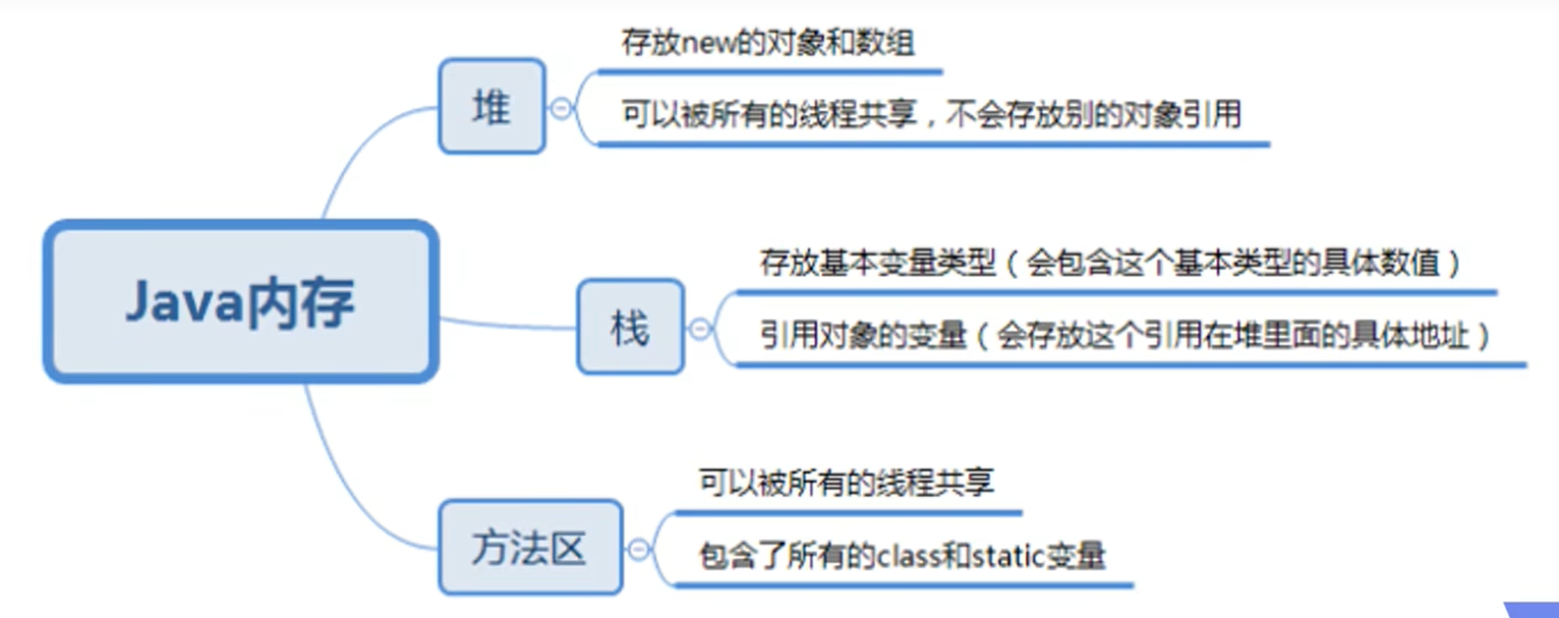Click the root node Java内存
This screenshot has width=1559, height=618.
tap(241, 302)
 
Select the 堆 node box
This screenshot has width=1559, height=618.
tap(491, 106)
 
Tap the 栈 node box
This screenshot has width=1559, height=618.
tap(630, 327)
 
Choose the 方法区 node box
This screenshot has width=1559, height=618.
tap(530, 547)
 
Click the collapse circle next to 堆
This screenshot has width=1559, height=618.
tap(561, 108)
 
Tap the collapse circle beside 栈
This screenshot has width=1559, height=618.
tap(700, 329)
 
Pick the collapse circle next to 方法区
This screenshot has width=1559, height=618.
tap(639, 549)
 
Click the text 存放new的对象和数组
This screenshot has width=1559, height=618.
tap(768, 43)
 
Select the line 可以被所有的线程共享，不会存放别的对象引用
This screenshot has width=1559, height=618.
tap(931, 115)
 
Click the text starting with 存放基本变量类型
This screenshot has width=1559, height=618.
tap(1111, 263)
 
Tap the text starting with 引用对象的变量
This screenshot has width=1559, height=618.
tap(1126, 336)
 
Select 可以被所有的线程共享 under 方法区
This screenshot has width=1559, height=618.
tap(846, 482)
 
